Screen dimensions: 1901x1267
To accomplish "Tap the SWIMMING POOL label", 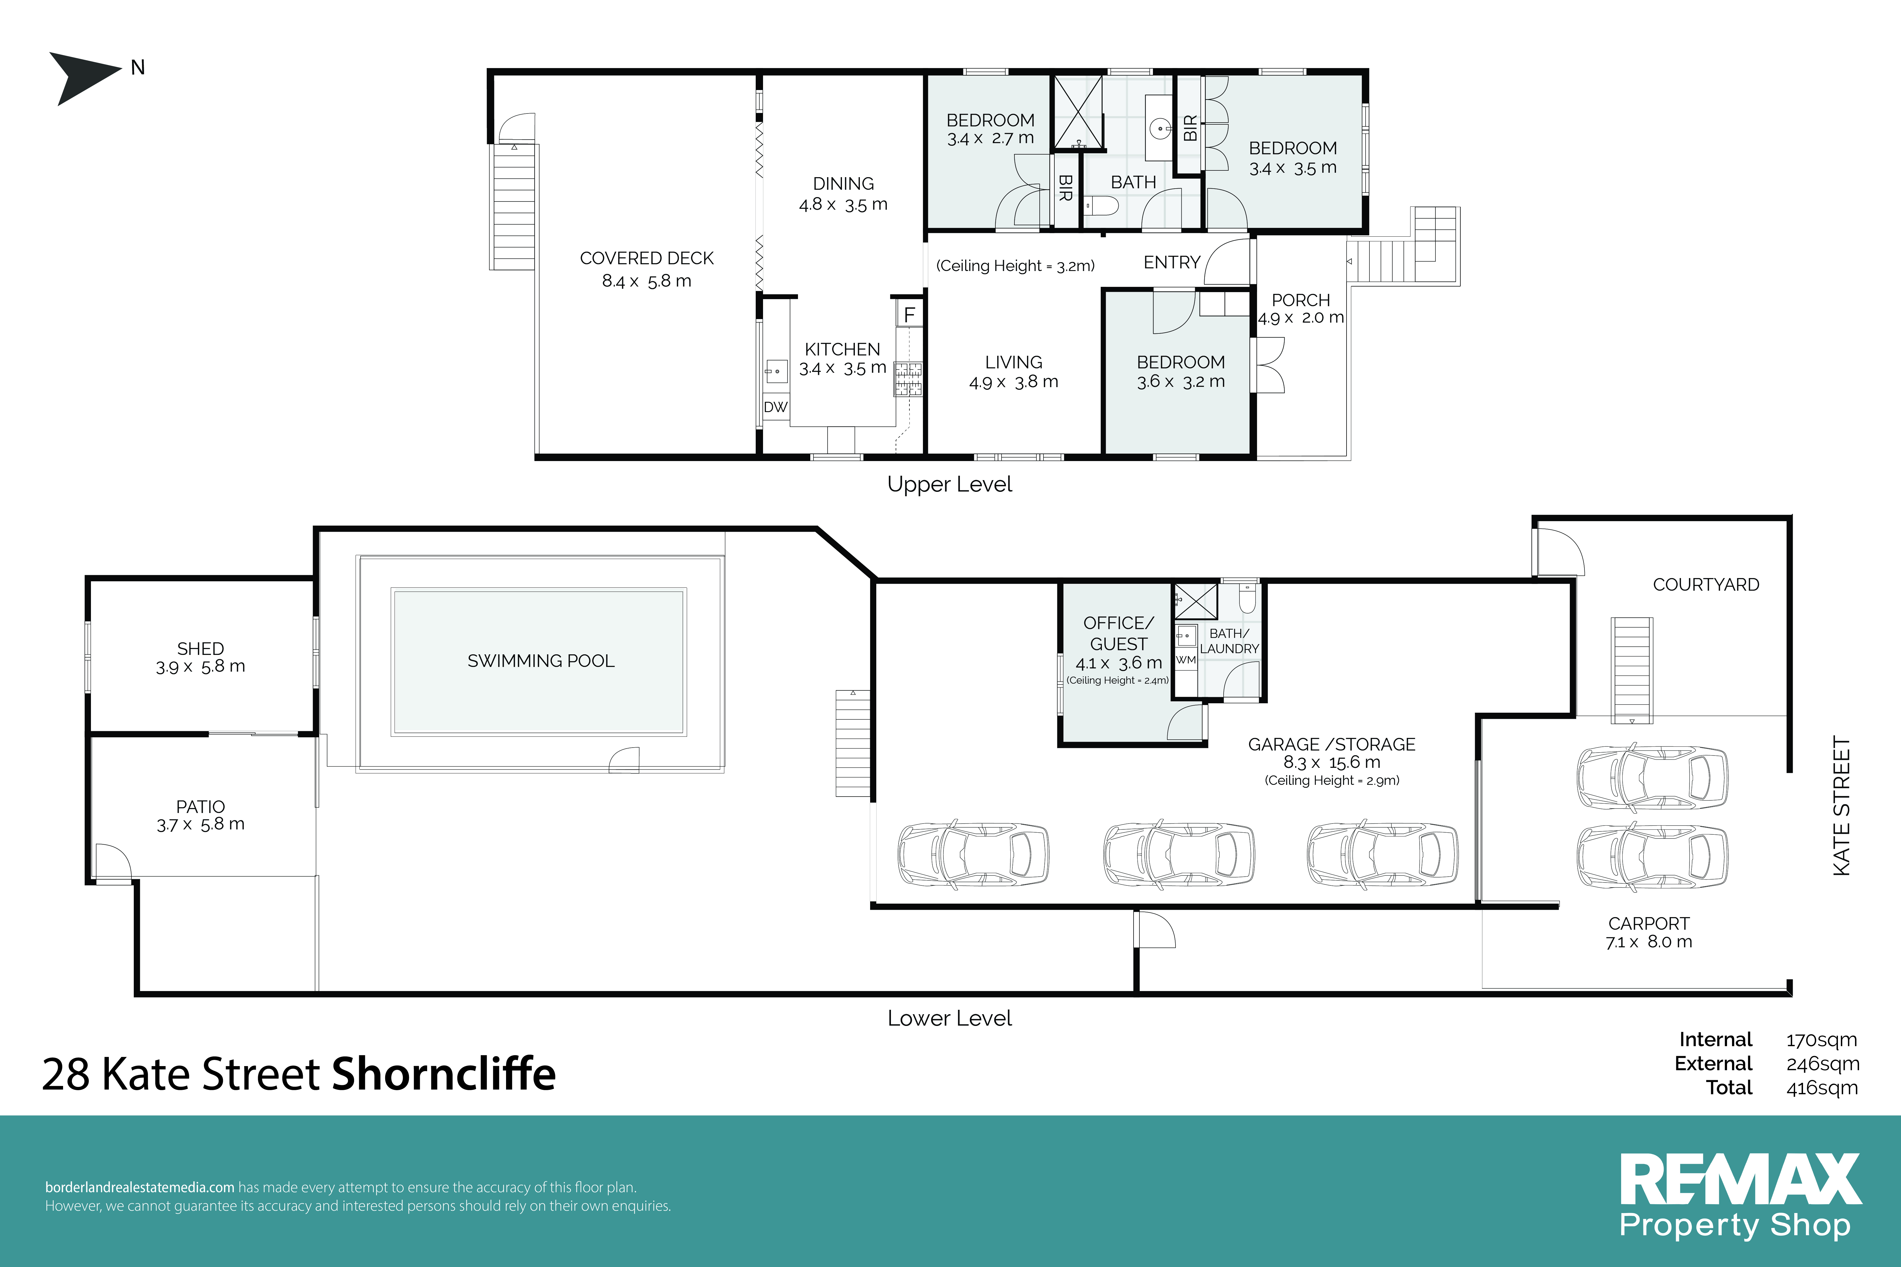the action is click(541, 661).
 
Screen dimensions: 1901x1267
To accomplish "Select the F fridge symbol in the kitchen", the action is click(909, 314).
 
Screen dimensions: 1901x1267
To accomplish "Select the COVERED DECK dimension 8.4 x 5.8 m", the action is click(647, 281).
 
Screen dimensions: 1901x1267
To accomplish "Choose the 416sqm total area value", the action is click(1822, 1088).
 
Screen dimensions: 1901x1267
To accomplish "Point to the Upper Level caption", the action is click(950, 484).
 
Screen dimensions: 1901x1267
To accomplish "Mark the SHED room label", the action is click(200, 649).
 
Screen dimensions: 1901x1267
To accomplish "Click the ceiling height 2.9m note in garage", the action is click(1332, 780).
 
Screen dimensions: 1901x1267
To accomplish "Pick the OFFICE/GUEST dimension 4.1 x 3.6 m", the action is click(1119, 663).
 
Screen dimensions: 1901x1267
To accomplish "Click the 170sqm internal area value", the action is click(1822, 1040).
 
